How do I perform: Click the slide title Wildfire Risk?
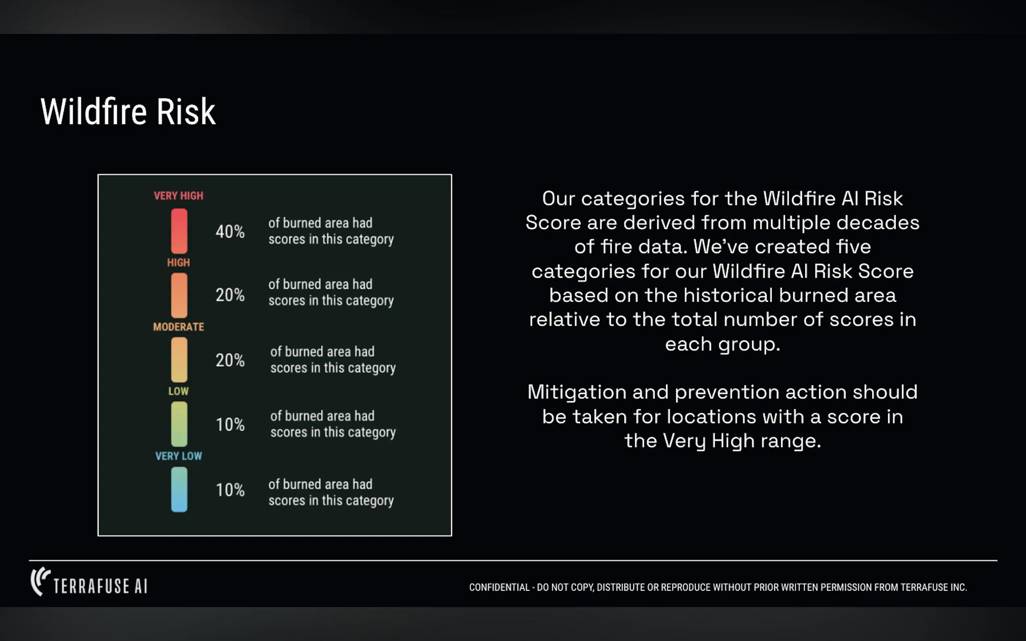(128, 111)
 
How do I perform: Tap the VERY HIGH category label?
(179, 196)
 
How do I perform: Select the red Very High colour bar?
(179, 231)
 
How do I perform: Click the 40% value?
(230, 231)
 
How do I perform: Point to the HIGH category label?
(179, 262)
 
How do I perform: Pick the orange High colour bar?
(179, 295)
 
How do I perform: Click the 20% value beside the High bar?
(230, 295)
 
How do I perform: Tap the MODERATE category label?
(179, 327)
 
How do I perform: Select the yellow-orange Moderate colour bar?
(179, 360)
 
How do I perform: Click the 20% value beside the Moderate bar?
(230, 360)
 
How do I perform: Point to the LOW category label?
(179, 391)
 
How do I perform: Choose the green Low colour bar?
(179, 424)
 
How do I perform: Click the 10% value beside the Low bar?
(230, 424)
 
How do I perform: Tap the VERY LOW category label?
(179, 456)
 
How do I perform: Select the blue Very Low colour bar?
(179, 489)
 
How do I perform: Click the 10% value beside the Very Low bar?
(230, 490)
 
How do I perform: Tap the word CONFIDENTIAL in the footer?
(499, 587)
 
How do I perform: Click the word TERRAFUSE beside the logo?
(91, 587)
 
